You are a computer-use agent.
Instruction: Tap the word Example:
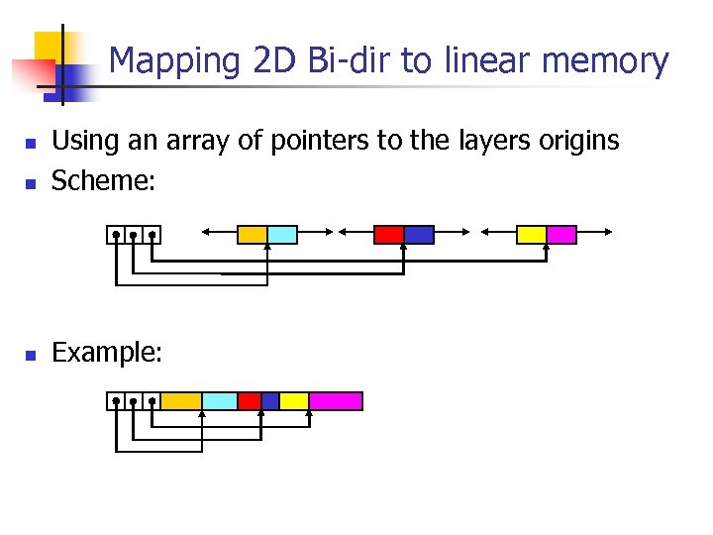tap(106, 352)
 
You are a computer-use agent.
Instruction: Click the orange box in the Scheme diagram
tap(253, 235)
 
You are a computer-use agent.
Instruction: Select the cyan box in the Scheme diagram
tap(282, 235)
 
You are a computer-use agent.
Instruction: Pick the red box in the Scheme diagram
tap(388, 235)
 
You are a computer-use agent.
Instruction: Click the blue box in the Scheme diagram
tap(419, 235)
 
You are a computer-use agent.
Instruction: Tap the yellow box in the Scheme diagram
tap(532, 235)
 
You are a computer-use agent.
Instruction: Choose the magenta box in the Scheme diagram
tap(561, 235)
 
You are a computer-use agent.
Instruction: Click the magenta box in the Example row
tap(336, 401)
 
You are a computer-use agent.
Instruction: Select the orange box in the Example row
tap(181, 401)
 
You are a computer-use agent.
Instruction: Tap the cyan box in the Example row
tap(220, 401)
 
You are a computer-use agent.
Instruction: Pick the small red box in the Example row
tap(250, 401)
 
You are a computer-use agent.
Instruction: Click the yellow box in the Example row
tap(294, 401)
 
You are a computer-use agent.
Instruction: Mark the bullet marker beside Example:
tap(30, 354)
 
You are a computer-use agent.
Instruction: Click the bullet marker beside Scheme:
tap(30, 182)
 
